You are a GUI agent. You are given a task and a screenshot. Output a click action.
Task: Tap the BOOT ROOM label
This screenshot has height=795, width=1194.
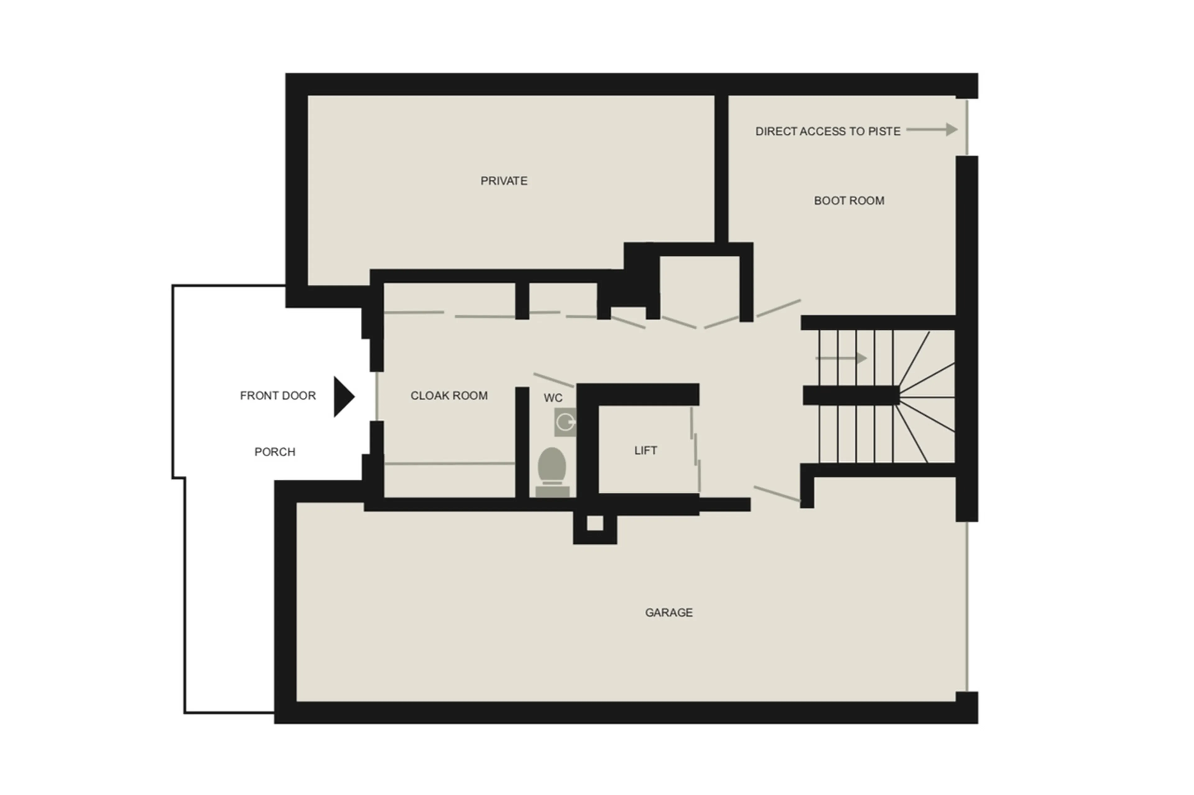(x=849, y=201)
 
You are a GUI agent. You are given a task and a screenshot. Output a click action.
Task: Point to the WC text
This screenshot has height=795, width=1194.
(x=553, y=398)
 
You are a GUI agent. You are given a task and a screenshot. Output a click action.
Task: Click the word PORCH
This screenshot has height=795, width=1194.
(x=275, y=452)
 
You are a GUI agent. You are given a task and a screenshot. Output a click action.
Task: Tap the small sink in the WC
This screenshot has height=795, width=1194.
(x=565, y=422)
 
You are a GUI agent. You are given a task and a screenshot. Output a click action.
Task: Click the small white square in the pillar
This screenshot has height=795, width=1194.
(x=595, y=523)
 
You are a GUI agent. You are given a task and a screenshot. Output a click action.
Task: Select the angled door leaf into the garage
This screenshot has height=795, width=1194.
(x=776, y=494)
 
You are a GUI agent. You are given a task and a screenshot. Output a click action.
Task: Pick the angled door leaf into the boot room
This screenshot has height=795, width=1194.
(x=778, y=308)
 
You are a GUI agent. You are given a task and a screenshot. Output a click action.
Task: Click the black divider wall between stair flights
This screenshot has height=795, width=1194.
(x=850, y=395)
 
